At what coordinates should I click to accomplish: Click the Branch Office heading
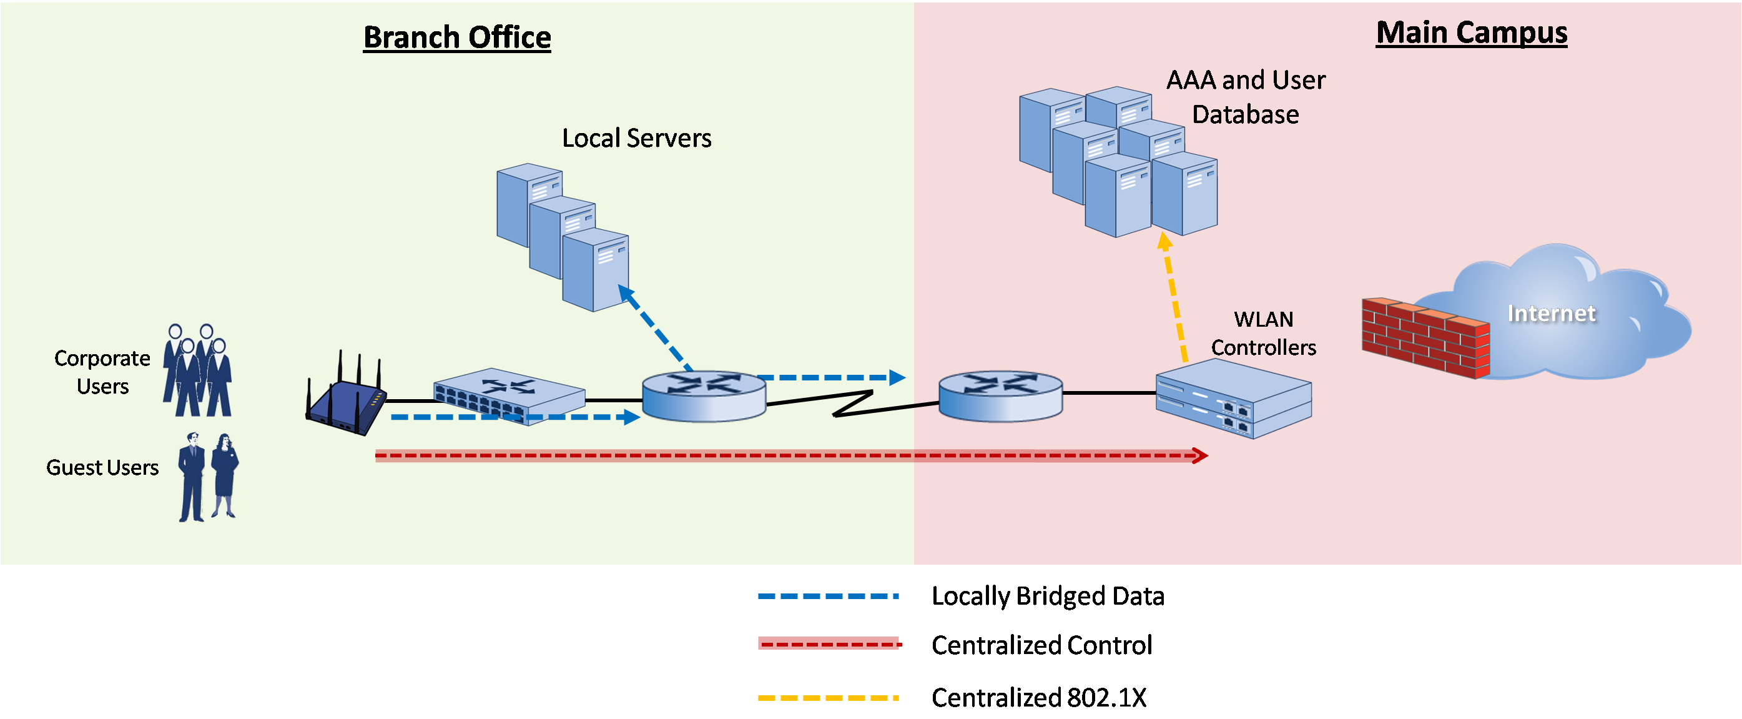click(457, 37)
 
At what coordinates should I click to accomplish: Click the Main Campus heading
click(1472, 32)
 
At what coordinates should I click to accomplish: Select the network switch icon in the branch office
click(508, 395)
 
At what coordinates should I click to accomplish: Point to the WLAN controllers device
click(1234, 399)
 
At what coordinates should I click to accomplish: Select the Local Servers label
click(636, 138)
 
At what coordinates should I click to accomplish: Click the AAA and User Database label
click(1246, 97)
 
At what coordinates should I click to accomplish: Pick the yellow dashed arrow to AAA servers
click(1174, 297)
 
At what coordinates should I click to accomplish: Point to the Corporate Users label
click(102, 372)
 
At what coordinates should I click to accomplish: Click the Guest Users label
click(102, 467)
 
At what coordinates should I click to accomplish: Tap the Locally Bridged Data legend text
click(1048, 596)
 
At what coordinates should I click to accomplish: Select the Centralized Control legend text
click(1041, 645)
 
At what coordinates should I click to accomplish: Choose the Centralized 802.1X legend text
click(1039, 697)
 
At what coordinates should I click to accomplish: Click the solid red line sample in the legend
click(829, 643)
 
